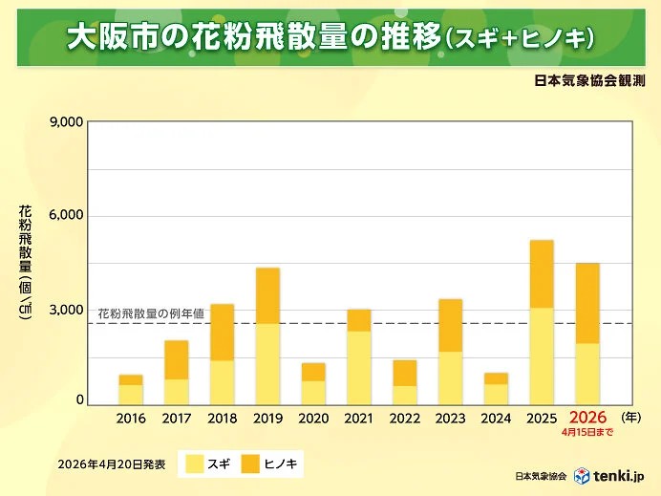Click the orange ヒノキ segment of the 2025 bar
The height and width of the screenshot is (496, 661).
tap(542, 273)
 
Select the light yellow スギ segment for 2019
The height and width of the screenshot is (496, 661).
tap(267, 363)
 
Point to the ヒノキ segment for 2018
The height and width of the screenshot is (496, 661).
tap(222, 332)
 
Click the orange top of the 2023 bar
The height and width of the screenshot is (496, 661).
tap(450, 325)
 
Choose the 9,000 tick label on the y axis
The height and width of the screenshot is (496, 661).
tap(65, 122)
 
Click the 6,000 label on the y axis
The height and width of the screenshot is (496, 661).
tap(65, 216)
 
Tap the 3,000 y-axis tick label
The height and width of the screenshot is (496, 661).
tap(65, 311)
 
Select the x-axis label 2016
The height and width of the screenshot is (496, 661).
tap(131, 418)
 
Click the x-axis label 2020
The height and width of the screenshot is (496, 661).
tap(313, 418)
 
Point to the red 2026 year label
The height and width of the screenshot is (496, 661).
tap(587, 418)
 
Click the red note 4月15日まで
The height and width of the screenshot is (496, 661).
tap(587, 432)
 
